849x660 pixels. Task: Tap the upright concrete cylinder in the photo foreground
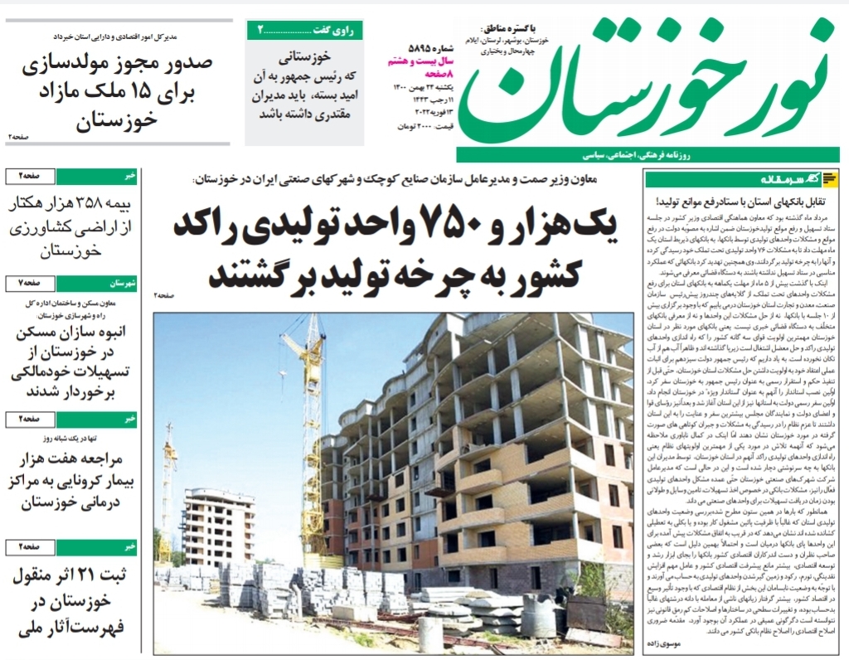click(x=429, y=633)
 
